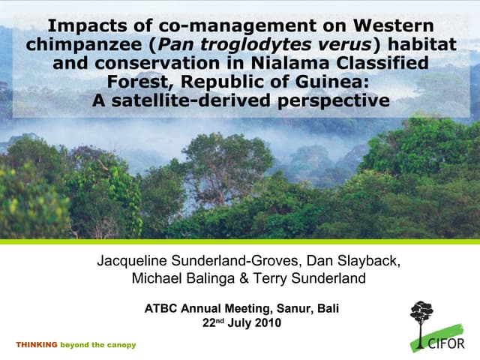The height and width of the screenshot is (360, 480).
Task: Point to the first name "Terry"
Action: pos(268,279)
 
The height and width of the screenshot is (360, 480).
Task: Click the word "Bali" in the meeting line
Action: pos(328,308)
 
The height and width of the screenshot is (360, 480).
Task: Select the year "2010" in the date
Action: pos(268,323)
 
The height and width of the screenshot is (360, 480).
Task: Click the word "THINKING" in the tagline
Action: pos(36,345)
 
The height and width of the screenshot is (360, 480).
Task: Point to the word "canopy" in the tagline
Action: pos(121,345)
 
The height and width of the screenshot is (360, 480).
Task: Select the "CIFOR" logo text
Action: pos(447,343)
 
